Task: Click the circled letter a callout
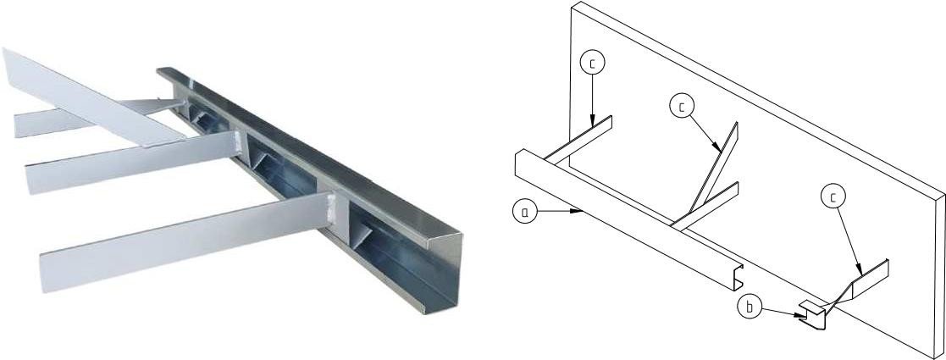click(x=524, y=213)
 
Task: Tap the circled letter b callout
click(x=750, y=307)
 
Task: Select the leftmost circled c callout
click(x=593, y=64)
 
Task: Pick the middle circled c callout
click(x=682, y=107)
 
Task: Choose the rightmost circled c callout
click(x=833, y=197)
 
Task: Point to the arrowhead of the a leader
click(x=578, y=211)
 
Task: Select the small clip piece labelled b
click(x=811, y=315)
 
